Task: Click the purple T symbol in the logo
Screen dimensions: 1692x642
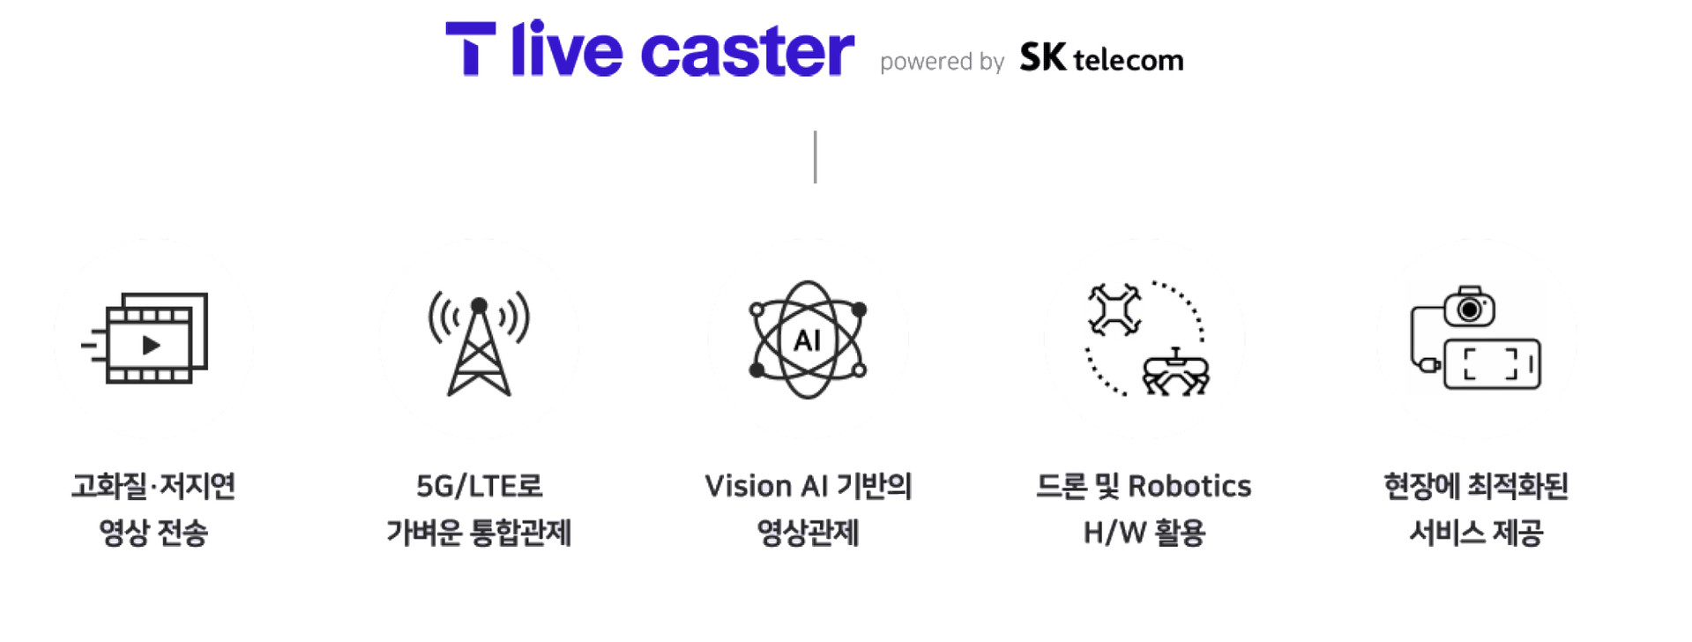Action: pos(471,49)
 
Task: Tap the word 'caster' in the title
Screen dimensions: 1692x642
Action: pos(747,52)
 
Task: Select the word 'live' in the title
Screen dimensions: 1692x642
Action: pos(566,49)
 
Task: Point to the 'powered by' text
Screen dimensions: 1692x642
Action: pos(942,62)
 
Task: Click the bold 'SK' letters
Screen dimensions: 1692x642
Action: pos(1042,57)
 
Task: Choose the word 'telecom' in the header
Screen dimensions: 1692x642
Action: pos(1129,60)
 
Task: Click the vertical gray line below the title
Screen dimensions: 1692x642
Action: pos(815,157)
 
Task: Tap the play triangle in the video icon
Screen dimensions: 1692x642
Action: pos(152,345)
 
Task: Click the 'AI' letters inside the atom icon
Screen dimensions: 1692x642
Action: pos(807,340)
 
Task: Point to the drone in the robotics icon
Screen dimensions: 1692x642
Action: pos(1114,310)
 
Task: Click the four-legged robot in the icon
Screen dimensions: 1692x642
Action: pos(1175,372)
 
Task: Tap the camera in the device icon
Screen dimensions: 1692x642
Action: pos(1469,308)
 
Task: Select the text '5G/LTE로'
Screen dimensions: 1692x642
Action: pos(479,486)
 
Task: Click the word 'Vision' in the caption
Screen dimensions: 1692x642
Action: pos(748,486)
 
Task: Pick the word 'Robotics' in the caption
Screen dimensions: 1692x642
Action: pos(1189,486)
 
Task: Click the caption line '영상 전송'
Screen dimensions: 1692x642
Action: pos(153,533)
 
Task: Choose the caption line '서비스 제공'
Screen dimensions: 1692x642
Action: pos(1476,533)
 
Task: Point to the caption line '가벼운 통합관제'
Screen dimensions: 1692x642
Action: pos(479,533)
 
